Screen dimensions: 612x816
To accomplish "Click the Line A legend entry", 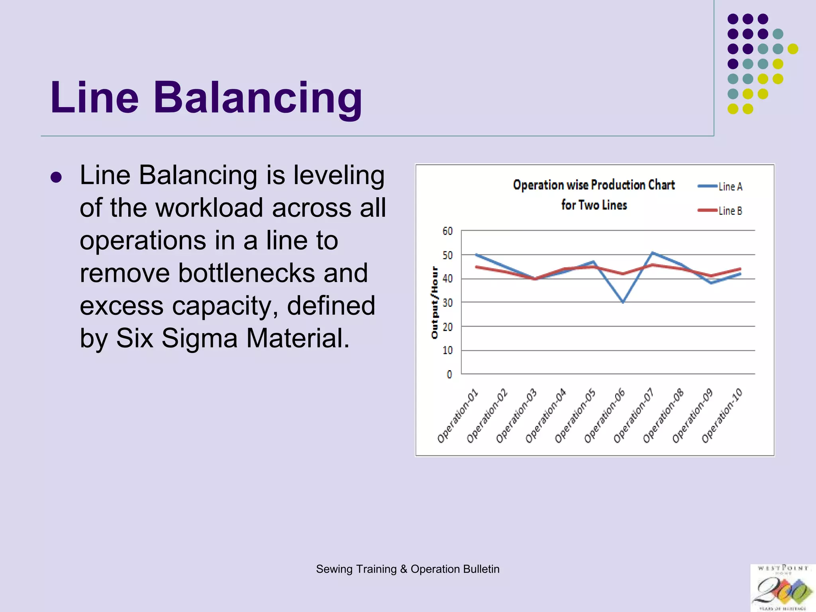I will pyautogui.click(x=720, y=186).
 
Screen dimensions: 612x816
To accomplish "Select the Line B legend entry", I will pyautogui.click(x=720, y=211).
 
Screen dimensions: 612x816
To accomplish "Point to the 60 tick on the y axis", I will pyautogui.click(x=447, y=231).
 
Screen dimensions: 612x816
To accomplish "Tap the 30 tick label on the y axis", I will pyautogui.click(x=447, y=303).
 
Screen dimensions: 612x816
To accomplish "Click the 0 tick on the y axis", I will pyautogui.click(x=449, y=375).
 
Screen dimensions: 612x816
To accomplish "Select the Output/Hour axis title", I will pyautogui.click(x=434, y=303).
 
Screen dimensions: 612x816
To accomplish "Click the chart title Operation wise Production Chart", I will pyautogui.click(x=594, y=185).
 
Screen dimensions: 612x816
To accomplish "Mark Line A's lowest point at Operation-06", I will pyautogui.click(x=623, y=302).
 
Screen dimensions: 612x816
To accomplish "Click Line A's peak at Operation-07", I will pyautogui.click(x=652, y=253).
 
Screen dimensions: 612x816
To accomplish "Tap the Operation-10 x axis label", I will pyautogui.click(x=722, y=416).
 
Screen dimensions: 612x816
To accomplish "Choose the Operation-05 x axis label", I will pyautogui.click(x=575, y=416).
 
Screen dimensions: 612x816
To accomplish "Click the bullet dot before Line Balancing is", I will pyautogui.click(x=56, y=177).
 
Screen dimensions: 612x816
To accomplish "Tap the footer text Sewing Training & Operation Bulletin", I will pyautogui.click(x=408, y=569).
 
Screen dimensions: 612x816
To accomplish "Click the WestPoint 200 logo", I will pyautogui.click(x=783, y=588).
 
